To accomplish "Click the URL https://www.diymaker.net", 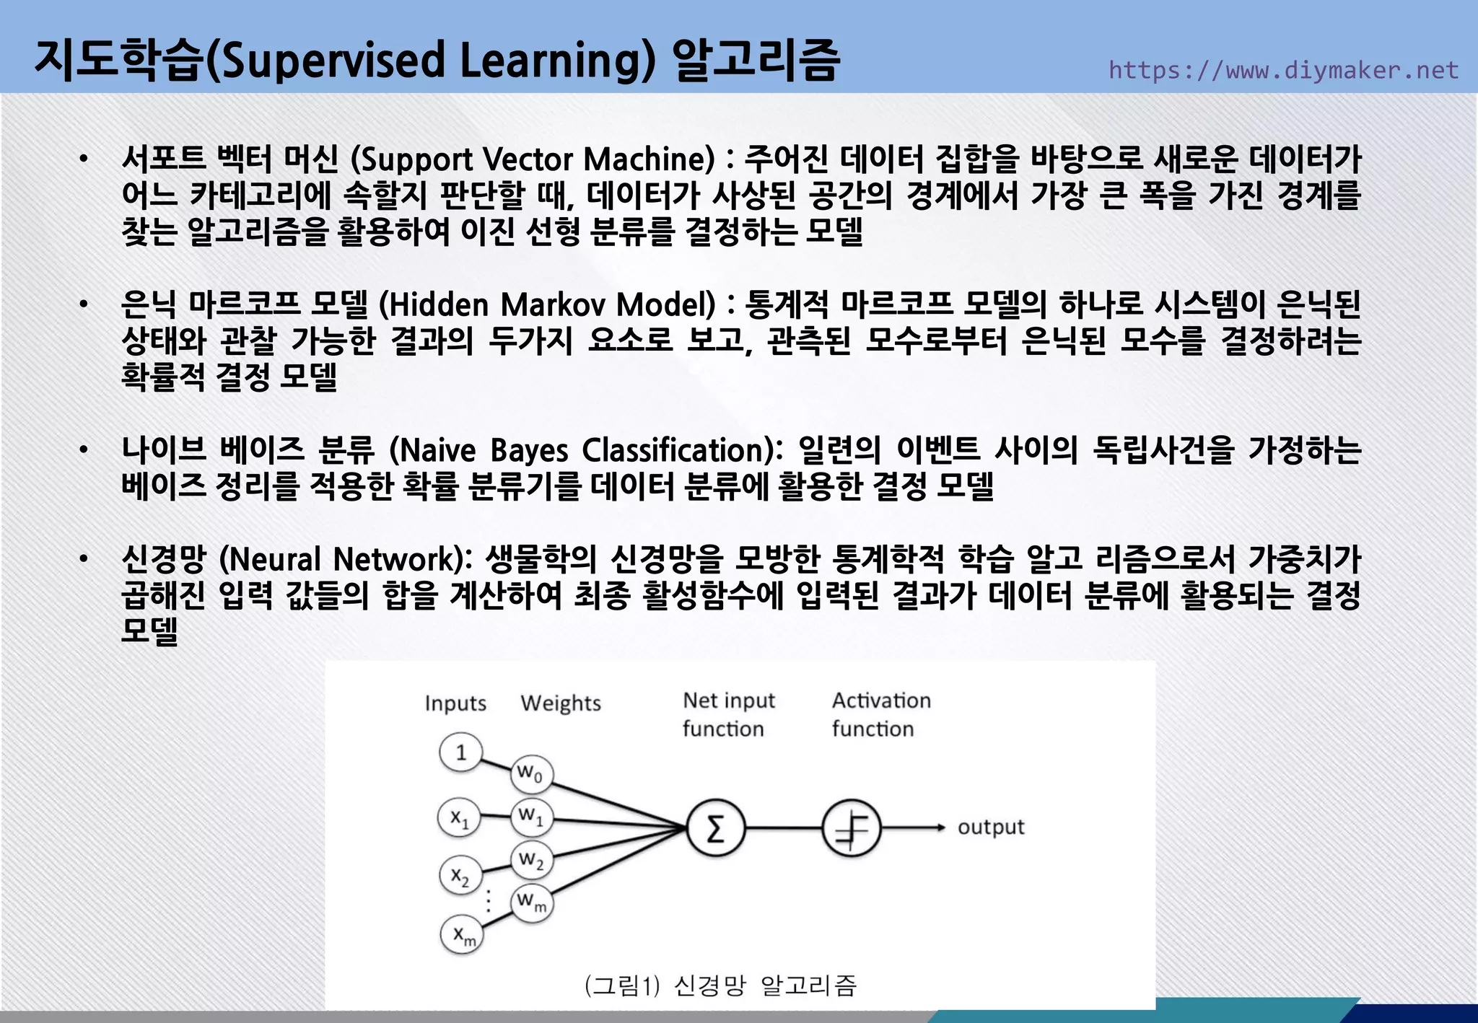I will click(x=1283, y=70).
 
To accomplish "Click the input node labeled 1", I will click(x=460, y=753).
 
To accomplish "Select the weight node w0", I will click(x=532, y=774).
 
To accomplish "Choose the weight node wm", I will click(x=532, y=902).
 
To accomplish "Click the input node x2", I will click(x=460, y=876).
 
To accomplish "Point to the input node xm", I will click(x=462, y=935).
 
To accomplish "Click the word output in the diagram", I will click(x=990, y=827).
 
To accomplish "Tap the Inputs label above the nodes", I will click(x=455, y=703).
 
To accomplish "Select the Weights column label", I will click(x=561, y=703).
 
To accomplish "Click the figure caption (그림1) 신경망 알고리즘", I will click(x=720, y=985).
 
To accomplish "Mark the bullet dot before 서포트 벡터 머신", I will click(x=84, y=159).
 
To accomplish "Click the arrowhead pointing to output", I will click(x=940, y=827).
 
